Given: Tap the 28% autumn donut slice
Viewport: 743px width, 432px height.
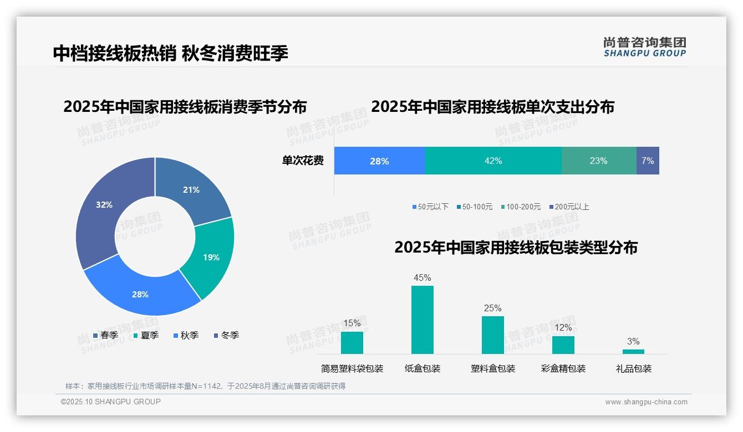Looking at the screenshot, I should [141, 294].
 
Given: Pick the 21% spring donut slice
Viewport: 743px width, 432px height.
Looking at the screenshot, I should [191, 189].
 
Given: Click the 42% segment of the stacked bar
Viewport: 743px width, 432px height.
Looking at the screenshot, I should [493, 161].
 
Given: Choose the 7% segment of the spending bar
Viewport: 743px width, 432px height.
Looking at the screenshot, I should [648, 161].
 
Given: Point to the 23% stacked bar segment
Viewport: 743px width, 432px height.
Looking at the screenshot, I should [599, 161].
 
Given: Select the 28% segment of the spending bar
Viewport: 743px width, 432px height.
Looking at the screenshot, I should [379, 161].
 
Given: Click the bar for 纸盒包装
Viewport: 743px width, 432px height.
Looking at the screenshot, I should [423, 320].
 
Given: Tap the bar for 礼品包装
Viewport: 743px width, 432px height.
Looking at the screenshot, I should [633, 351].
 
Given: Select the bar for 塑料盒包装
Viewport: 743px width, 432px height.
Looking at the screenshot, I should [493, 335].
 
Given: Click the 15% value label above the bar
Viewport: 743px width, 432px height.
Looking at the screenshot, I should [352, 323].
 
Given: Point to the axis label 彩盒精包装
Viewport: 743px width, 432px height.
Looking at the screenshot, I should [563, 368].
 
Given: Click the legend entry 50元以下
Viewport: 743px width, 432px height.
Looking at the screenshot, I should [430, 207].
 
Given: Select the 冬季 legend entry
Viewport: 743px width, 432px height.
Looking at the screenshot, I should [226, 335].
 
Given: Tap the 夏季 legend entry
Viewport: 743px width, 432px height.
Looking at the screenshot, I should [146, 335].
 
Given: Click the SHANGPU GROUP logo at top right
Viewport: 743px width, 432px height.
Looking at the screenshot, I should [644, 47].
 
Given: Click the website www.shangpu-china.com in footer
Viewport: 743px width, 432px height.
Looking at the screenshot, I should [646, 402].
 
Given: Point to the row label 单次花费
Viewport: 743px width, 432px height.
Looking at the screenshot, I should [303, 161].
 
